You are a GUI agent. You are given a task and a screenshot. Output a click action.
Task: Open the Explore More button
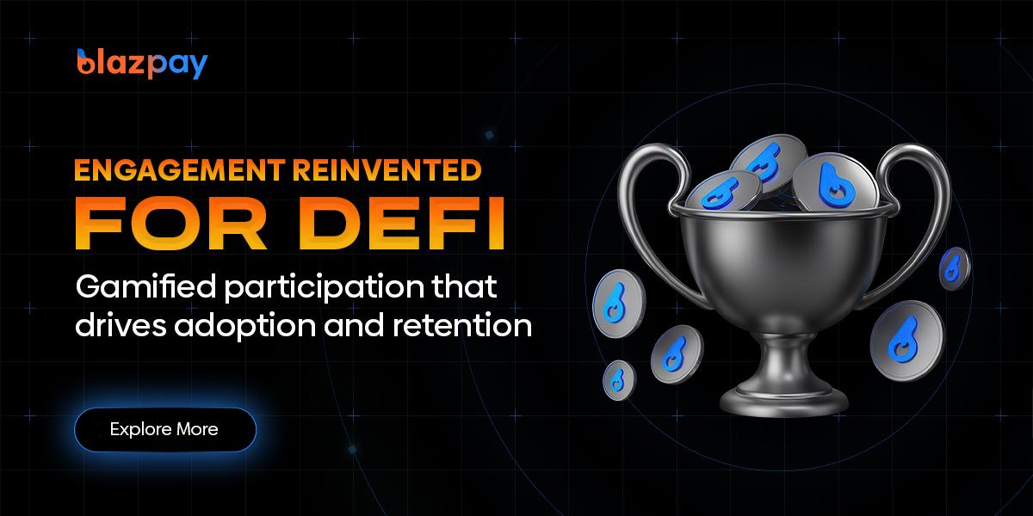pyautogui.click(x=164, y=429)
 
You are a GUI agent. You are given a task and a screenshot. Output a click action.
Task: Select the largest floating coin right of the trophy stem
pyautogui.click(x=906, y=341)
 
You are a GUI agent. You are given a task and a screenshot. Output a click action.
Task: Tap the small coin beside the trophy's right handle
pyautogui.click(x=955, y=267)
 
